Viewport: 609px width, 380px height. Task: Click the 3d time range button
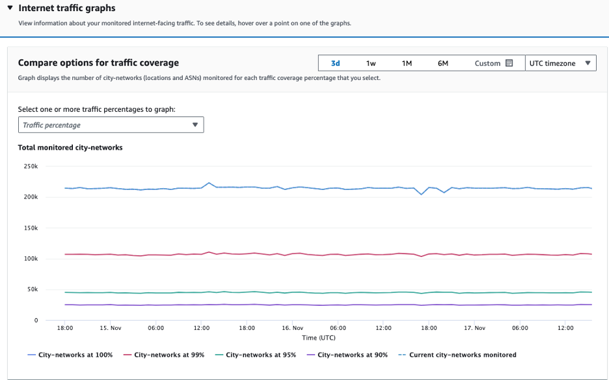point(335,63)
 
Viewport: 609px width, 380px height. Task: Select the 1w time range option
point(371,63)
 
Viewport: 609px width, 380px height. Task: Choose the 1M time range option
point(407,63)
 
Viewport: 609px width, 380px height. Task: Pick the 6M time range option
point(442,63)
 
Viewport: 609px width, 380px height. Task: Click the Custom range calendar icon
point(509,63)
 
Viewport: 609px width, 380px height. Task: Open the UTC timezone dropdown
point(560,63)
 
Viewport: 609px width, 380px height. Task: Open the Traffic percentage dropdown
point(111,125)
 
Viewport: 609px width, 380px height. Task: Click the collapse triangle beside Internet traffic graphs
point(10,8)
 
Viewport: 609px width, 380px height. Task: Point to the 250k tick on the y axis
point(31,167)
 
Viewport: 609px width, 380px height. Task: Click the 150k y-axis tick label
point(31,228)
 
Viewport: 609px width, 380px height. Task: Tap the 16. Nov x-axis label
point(292,328)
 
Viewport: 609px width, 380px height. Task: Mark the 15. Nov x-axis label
point(111,328)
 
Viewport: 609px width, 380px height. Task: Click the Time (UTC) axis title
point(319,338)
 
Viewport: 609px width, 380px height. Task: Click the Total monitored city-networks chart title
point(70,148)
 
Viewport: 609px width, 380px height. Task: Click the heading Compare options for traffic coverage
point(98,63)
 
